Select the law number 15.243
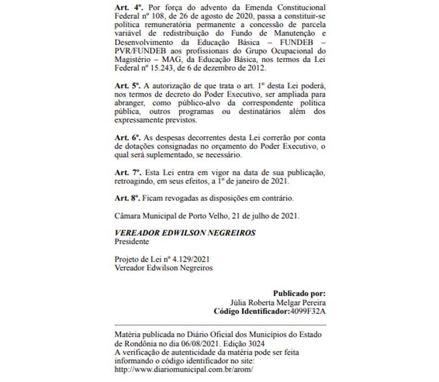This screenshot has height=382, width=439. (x=161, y=69)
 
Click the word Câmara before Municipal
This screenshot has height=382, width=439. (x=128, y=216)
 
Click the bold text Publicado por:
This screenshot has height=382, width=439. (x=299, y=294)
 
